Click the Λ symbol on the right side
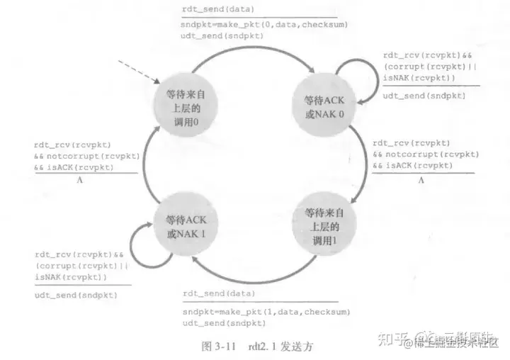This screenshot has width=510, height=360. pyautogui.click(x=420, y=180)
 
